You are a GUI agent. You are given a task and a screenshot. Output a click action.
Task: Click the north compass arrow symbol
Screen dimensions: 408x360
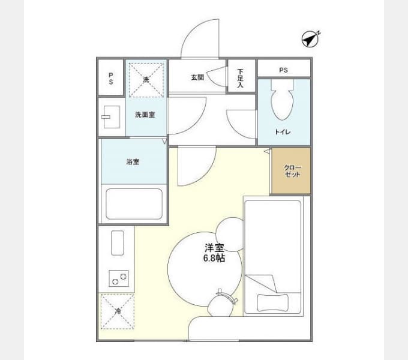click(x=311, y=39)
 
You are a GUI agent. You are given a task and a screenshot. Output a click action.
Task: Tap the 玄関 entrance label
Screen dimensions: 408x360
click(x=197, y=77)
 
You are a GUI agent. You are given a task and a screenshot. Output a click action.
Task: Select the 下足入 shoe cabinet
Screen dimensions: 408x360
click(x=241, y=76)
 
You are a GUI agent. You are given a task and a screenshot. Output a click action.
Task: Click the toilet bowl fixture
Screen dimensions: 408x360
click(x=283, y=100)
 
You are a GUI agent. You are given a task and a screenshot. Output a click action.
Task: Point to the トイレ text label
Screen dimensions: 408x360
click(x=283, y=132)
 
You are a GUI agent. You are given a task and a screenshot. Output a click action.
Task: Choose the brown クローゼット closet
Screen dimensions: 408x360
click(x=291, y=170)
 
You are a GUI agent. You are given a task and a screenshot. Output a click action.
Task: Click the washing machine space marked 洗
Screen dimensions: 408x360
click(x=146, y=80)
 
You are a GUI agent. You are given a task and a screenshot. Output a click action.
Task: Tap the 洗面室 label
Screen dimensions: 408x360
click(x=145, y=115)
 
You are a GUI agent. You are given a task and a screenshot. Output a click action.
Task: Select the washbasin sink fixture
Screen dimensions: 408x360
click(x=112, y=117)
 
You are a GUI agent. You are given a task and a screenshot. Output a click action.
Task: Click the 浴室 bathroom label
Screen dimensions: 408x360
click(x=133, y=162)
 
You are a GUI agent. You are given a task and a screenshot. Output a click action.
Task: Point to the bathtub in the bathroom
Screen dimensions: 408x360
click(x=134, y=204)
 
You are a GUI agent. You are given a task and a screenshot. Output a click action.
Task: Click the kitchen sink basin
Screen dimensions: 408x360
click(x=118, y=243)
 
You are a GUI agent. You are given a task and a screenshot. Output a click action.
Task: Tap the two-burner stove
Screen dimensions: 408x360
click(x=119, y=278)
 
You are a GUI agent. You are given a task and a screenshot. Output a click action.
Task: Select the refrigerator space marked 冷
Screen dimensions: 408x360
click(x=118, y=311)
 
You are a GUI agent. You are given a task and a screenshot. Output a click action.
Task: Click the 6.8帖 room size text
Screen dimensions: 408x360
click(x=214, y=258)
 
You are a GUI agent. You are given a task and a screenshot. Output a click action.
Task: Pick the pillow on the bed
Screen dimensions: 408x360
click(x=272, y=302)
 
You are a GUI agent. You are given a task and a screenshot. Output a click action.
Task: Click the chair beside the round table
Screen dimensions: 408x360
click(x=221, y=304)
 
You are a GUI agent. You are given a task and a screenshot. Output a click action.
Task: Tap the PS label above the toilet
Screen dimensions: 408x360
click(x=283, y=70)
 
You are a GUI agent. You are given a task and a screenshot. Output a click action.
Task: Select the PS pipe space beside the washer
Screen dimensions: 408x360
click(x=111, y=77)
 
